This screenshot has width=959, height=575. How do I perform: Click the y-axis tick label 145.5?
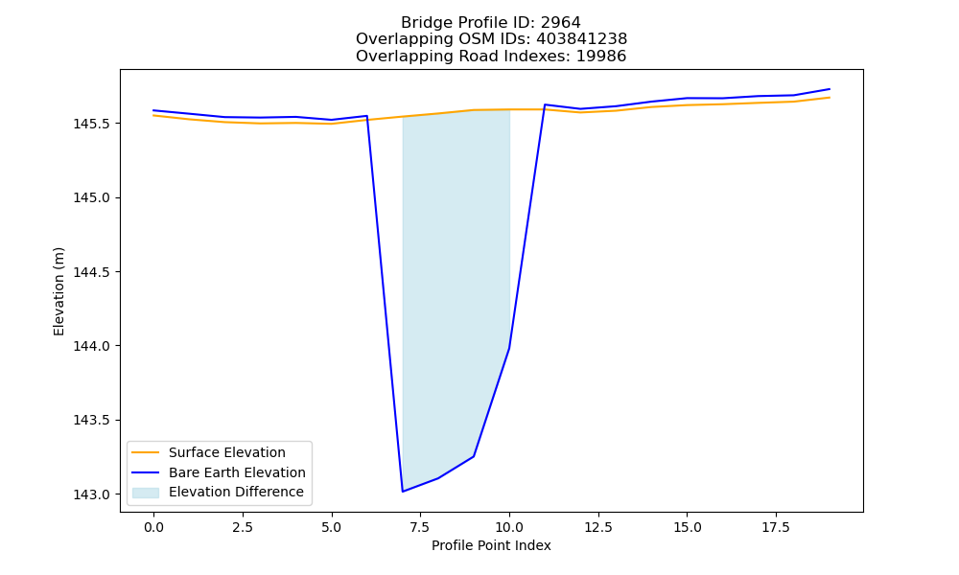click(92, 124)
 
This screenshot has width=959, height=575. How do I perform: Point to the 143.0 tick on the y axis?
click(92, 494)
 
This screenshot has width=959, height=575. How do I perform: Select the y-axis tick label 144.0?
click(92, 347)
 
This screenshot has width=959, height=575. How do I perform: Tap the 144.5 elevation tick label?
click(92, 272)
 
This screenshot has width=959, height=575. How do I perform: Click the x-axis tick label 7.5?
click(420, 527)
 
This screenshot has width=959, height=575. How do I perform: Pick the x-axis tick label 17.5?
click(776, 527)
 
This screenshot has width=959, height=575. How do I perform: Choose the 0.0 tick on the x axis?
click(153, 527)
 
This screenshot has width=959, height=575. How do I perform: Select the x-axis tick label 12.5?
click(598, 527)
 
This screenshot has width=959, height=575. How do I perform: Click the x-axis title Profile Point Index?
click(491, 545)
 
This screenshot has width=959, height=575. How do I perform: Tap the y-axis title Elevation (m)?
click(58, 291)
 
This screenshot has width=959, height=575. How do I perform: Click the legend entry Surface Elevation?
click(227, 452)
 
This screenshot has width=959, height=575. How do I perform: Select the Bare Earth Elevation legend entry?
click(237, 472)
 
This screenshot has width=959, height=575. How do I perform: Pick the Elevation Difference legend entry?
click(236, 492)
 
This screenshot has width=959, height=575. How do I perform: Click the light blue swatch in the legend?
click(146, 493)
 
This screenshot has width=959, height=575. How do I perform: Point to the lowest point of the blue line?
click(403, 492)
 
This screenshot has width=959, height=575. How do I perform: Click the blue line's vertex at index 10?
click(509, 348)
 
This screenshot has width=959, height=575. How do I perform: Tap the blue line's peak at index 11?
click(545, 104)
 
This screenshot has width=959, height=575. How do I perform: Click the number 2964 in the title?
click(561, 23)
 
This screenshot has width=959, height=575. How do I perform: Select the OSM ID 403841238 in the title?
click(582, 39)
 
